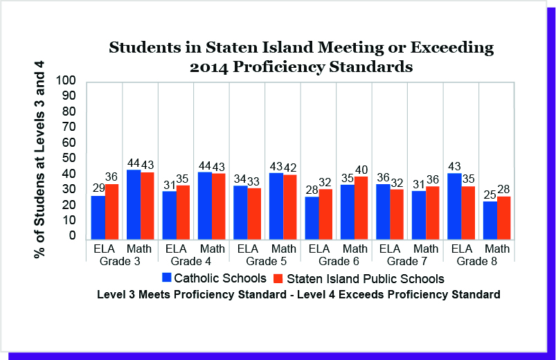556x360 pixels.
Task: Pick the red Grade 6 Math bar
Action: (361, 208)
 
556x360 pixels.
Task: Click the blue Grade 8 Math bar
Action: (490, 220)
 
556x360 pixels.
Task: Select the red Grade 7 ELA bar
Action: (397, 214)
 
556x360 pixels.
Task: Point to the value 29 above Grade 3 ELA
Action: (98, 188)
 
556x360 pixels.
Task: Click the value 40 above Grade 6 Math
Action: (361, 169)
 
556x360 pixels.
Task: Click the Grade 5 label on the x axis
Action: (265, 261)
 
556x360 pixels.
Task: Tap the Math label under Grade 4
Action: (212, 249)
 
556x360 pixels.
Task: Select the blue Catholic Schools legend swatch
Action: (166, 278)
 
